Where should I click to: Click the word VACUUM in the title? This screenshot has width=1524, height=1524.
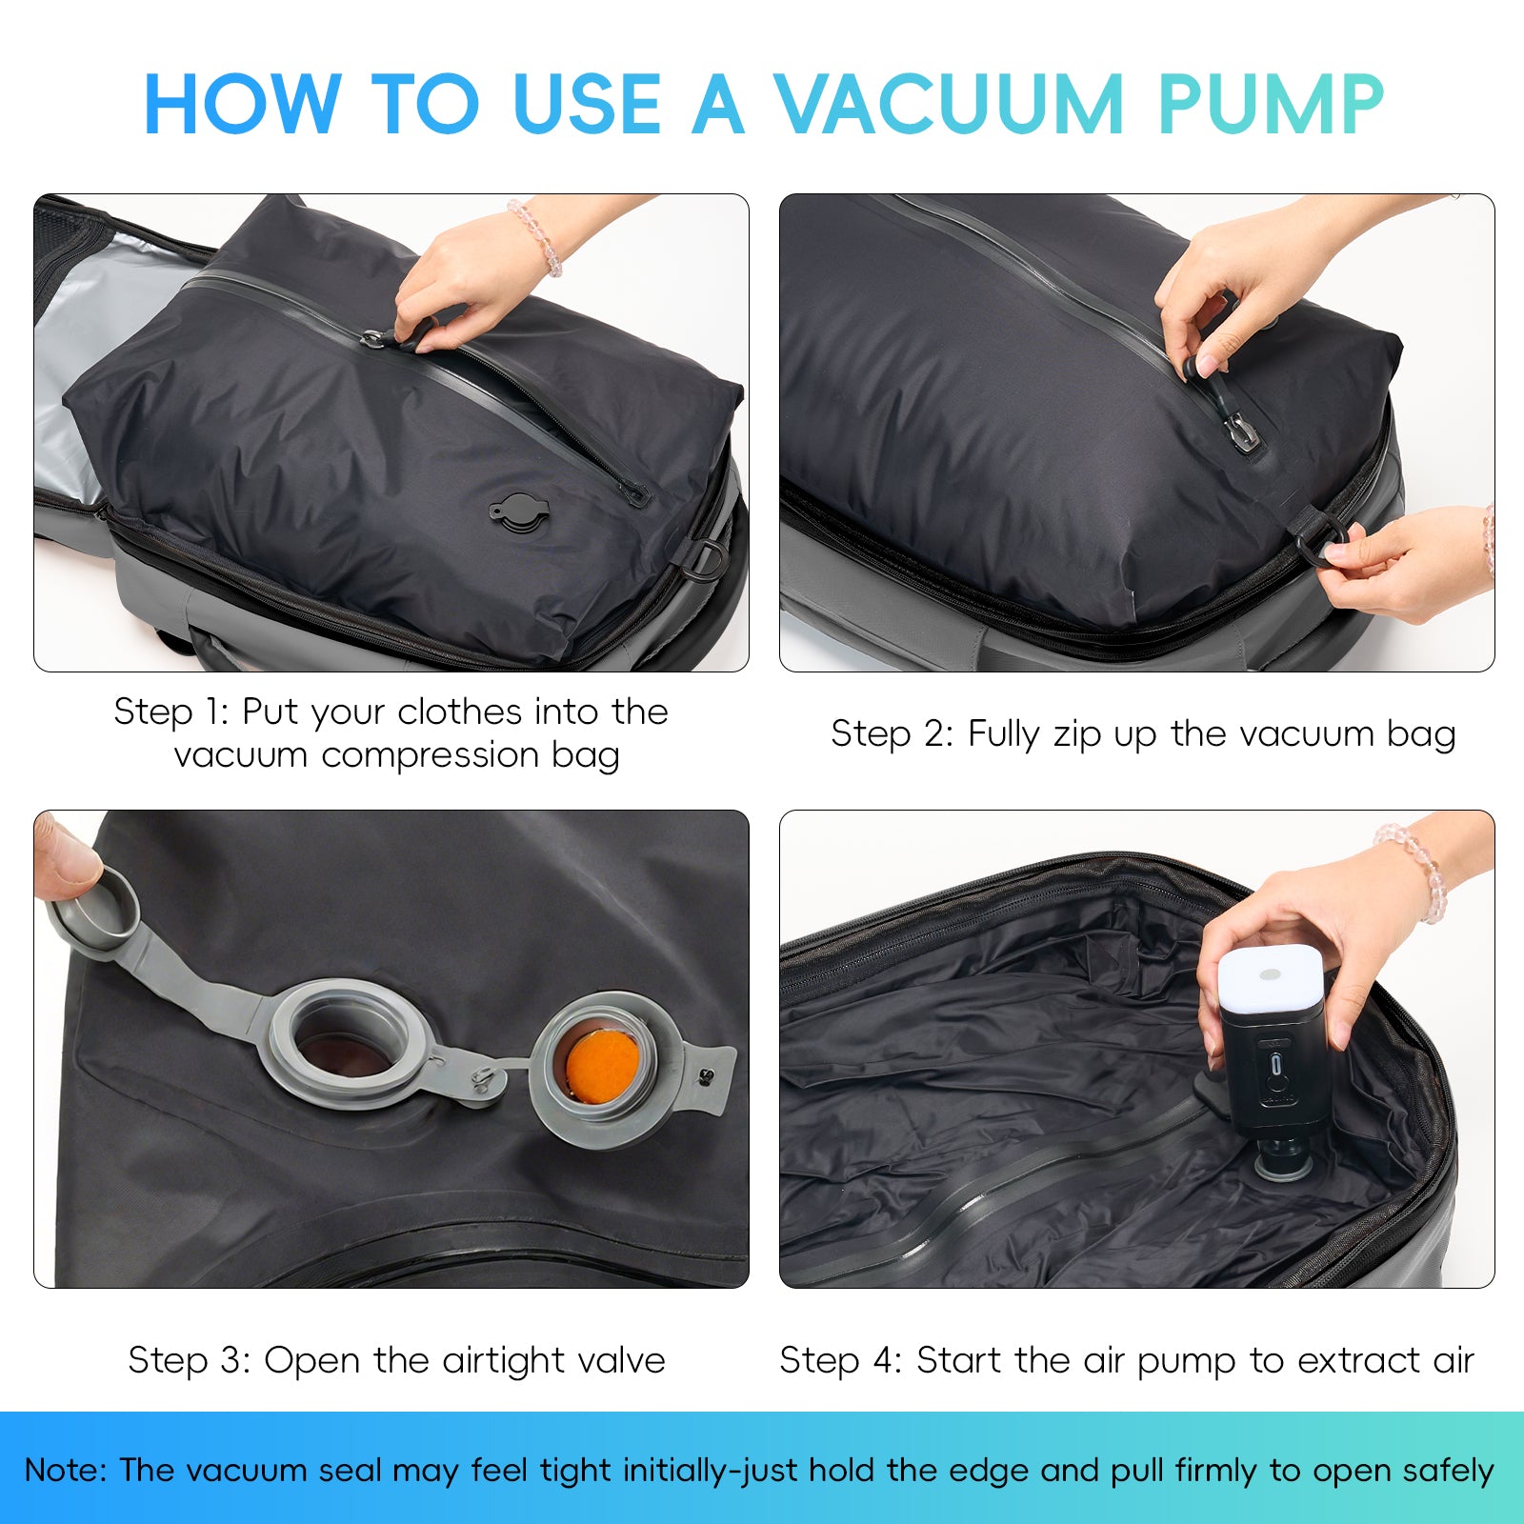pyautogui.click(x=949, y=104)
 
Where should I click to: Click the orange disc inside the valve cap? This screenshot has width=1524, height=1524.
pyautogui.click(x=602, y=1065)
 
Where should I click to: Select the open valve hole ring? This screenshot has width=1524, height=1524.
pyautogui.click(x=345, y=1044)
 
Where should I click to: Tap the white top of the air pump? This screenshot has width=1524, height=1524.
pyautogui.click(x=1271, y=977)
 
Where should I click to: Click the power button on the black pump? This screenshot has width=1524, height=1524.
pyautogui.click(x=1276, y=1064)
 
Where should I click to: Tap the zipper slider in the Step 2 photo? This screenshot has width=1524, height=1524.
pyautogui.click(x=1240, y=431)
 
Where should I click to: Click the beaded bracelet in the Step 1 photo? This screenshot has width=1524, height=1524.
pyautogui.click(x=536, y=236)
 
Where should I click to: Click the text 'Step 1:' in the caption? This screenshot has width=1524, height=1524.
pyautogui.click(x=171, y=712)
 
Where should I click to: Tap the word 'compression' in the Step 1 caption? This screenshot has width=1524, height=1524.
pyautogui.click(x=431, y=756)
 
